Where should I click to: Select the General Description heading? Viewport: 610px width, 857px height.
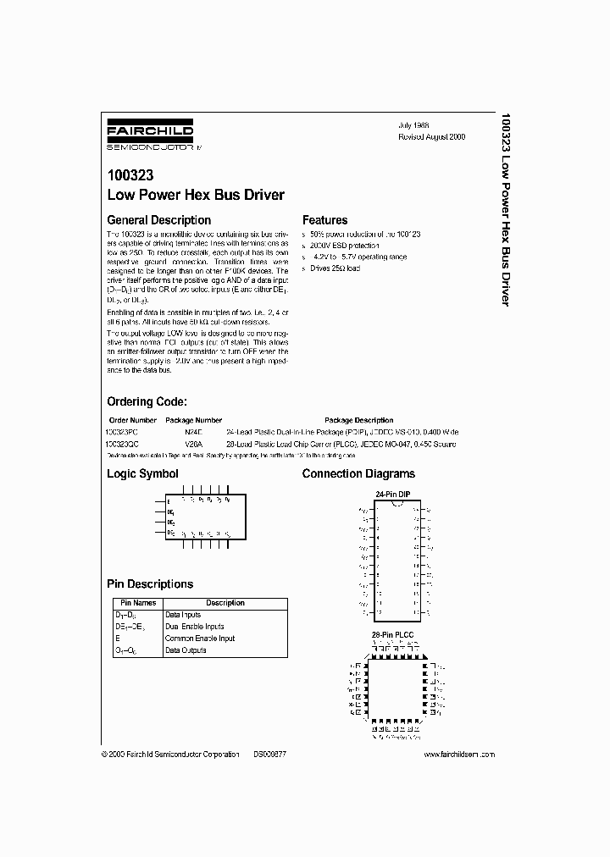coord(158,220)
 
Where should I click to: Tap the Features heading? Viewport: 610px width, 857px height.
coord(324,220)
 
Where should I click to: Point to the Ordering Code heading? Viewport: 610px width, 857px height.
coord(146,401)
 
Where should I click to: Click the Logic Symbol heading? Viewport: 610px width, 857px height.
coord(142,474)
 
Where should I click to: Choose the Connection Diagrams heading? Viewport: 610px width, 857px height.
coord(358,474)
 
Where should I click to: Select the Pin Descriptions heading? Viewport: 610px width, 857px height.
coord(150,584)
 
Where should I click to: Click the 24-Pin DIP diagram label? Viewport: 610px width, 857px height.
coord(393,494)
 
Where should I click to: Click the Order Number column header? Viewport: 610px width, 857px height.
coord(133,420)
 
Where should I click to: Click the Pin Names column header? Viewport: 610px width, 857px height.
coord(135,603)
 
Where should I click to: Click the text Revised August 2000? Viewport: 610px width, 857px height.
coord(431,136)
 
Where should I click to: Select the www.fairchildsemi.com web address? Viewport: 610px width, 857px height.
coord(457,755)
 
